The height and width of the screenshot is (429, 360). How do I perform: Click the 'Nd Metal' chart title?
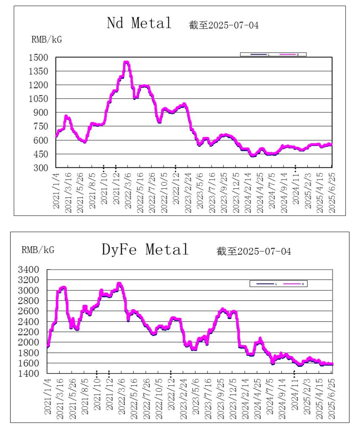pyautogui.click(x=139, y=23)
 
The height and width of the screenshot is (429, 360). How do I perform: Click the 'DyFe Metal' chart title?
pyautogui.click(x=145, y=249)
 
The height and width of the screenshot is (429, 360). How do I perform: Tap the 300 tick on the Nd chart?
pyautogui.click(x=42, y=167)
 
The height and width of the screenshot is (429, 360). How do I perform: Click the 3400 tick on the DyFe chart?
pyautogui.click(x=28, y=270)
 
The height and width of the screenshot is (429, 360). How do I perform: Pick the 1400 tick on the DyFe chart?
pyautogui.click(x=28, y=374)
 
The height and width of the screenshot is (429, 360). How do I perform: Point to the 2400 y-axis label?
pyautogui.click(x=28, y=322)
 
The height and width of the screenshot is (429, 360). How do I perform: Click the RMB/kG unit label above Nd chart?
pyautogui.click(x=47, y=40)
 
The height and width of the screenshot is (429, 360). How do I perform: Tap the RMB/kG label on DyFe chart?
pyautogui.click(x=38, y=250)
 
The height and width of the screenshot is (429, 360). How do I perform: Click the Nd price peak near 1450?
pyautogui.click(x=126, y=63)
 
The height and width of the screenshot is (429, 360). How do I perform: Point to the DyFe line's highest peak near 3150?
pyautogui.click(x=119, y=283)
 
